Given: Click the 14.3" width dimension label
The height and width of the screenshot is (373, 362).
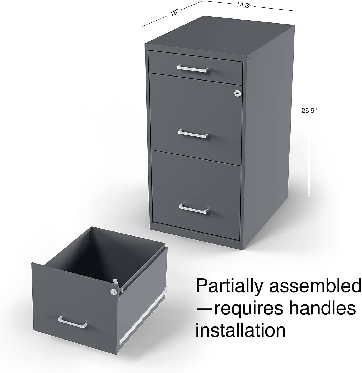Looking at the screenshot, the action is pos(243,5).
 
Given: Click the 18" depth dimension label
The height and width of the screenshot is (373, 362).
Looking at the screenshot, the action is pos(174,13).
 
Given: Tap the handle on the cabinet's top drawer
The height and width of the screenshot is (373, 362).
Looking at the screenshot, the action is pos(193,69).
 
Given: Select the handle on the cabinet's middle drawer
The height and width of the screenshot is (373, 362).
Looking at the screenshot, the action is pos(193,134).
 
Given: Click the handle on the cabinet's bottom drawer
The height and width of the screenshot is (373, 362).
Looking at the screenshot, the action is pos(194,209).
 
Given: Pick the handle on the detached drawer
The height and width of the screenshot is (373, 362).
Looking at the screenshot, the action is pos(73,322).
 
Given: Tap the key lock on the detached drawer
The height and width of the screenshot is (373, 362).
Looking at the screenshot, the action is pos(113,292).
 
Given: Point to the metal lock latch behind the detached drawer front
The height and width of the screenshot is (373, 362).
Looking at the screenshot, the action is pos(117,286).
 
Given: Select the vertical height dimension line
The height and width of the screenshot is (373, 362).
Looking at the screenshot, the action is pos(309,111).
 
